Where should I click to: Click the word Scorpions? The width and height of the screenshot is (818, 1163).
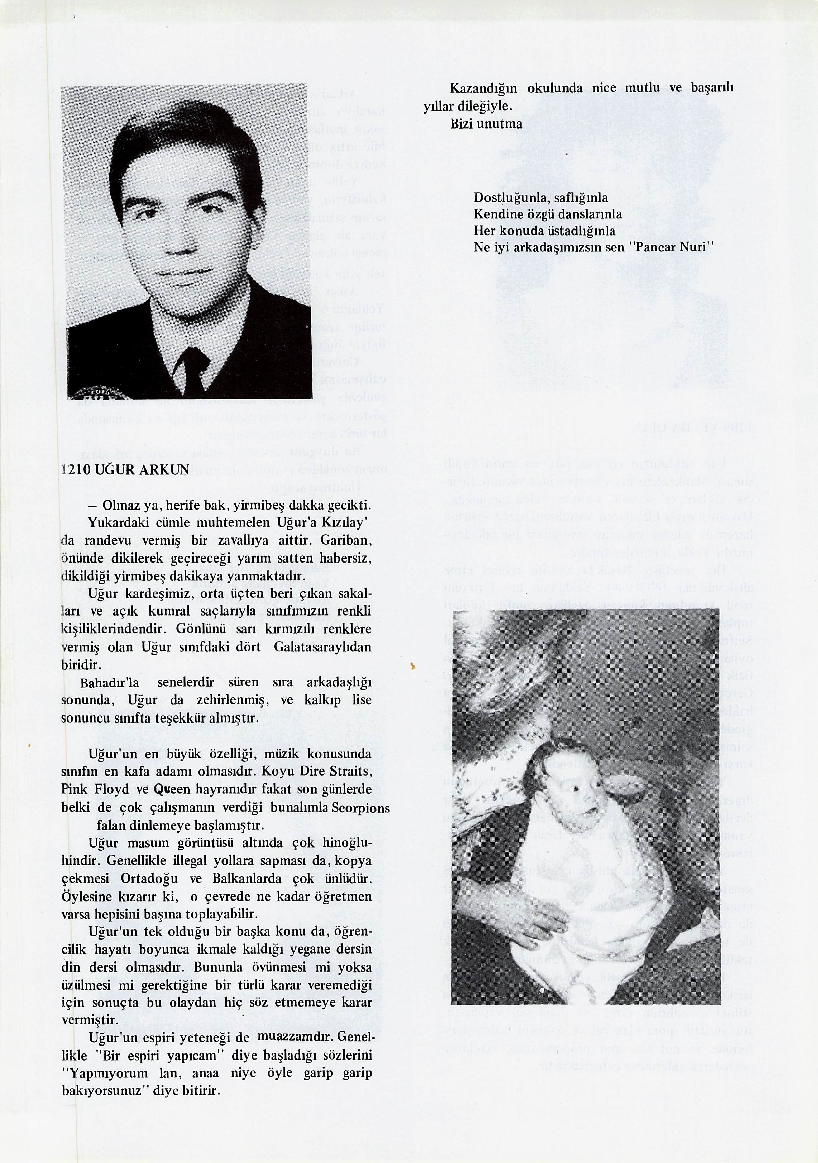click(x=360, y=807)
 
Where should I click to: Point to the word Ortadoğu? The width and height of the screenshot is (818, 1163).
click(x=149, y=878)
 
